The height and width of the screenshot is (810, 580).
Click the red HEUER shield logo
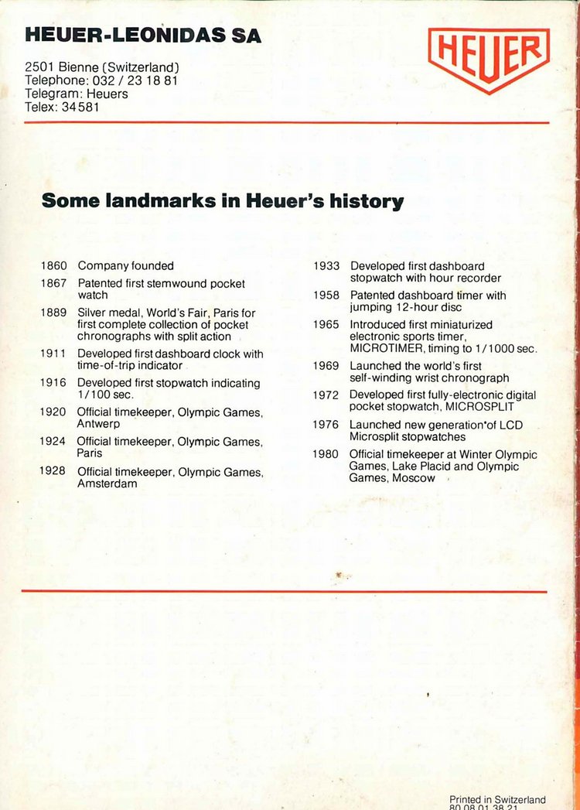[x=489, y=59]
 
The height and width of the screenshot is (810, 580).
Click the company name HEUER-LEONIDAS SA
[x=143, y=35]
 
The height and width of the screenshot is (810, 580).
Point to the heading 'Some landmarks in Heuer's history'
[x=223, y=201]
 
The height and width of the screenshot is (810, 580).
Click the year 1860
[x=54, y=265]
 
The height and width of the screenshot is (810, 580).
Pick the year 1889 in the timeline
[x=54, y=313]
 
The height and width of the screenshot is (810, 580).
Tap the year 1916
[x=54, y=383]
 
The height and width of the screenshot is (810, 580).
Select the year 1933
[x=326, y=265]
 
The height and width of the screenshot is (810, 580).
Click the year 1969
[x=326, y=365]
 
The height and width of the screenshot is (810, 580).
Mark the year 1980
[x=326, y=454]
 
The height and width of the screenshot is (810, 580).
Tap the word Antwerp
[x=97, y=424]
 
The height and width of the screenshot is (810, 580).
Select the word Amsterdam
[x=107, y=484]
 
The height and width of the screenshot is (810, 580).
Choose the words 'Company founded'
[x=125, y=265]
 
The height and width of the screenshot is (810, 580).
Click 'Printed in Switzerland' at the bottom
[x=497, y=800]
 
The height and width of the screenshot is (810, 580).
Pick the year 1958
[x=326, y=295]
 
